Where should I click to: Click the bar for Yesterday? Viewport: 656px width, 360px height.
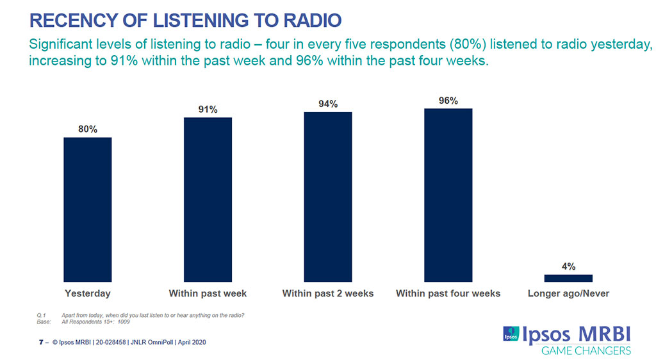[88, 209]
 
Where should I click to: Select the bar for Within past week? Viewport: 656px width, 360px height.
[208, 199]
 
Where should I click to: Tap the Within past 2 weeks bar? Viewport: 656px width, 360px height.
[328, 197]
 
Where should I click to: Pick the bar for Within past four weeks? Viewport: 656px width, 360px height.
[448, 195]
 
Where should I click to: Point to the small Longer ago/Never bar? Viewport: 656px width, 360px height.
[568, 278]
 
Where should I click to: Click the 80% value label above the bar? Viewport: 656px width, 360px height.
[88, 129]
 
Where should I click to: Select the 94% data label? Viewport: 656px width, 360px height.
[328, 104]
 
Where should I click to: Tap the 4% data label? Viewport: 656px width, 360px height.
[568, 266]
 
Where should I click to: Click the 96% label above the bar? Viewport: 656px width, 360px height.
[448, 101]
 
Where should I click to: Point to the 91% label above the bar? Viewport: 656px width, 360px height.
[208, 110]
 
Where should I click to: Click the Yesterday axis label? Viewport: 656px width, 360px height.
[88, 293]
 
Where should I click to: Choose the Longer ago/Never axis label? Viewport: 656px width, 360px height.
[568, 293]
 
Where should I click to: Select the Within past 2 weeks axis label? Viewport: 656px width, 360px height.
[328, 293]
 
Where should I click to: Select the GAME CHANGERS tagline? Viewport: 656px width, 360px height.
[586, 350]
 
